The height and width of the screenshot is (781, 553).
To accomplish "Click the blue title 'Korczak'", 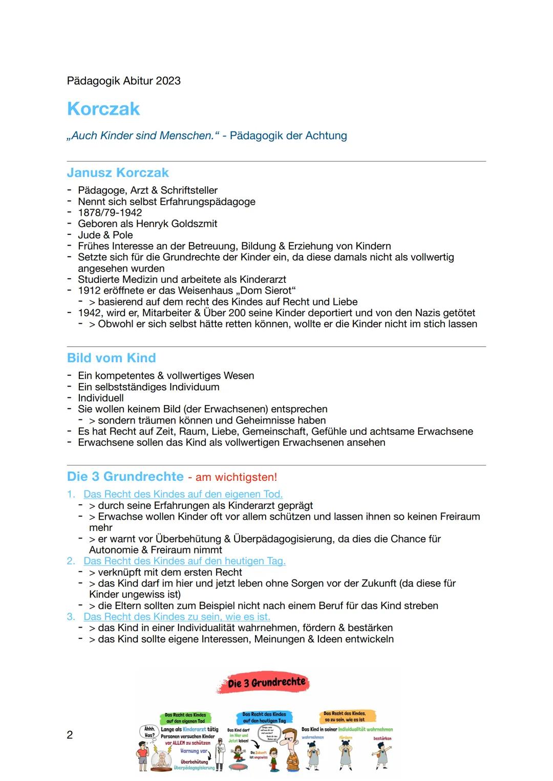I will click(103, 109).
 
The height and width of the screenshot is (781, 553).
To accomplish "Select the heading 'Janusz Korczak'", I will click(118, 172).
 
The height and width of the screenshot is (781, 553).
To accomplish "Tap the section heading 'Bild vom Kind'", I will click(111, 358).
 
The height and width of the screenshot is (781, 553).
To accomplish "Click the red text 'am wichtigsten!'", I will click(236, 477).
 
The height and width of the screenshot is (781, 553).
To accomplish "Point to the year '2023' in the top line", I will click(168, 81).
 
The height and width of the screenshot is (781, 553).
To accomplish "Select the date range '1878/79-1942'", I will click(110, 212).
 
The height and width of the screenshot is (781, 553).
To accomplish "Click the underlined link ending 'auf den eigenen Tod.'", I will click(183, 494).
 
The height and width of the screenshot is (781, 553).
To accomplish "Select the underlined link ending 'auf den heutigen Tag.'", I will click(184, 561).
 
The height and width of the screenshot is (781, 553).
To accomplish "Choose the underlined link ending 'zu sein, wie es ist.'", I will click(177, 617).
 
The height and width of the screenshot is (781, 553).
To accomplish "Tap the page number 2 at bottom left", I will click(70, 735).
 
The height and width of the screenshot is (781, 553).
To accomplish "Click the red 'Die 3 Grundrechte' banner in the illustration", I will click(266, 683).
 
